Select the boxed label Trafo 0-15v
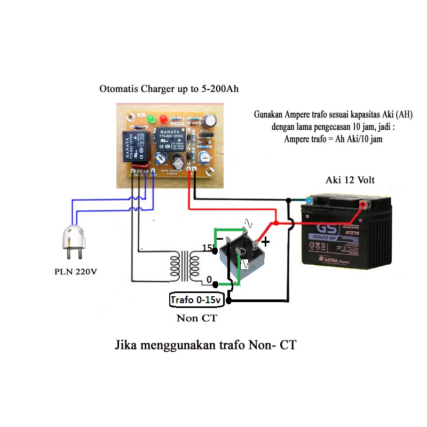point(196,301)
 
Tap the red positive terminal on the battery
point(362,204)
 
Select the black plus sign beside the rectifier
point(265,242)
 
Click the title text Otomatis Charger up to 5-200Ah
point(169,89)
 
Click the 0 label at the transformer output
point(209,280)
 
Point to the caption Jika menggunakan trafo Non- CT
point(205,345)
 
